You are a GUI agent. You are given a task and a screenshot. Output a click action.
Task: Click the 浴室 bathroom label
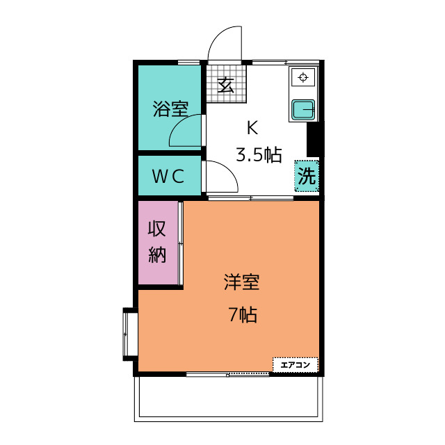click(170, 109)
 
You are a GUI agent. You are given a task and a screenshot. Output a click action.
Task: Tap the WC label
click(168, 177)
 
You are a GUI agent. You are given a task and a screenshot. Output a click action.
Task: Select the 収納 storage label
click(158, 241)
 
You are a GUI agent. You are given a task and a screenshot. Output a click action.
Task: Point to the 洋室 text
click(241, 283)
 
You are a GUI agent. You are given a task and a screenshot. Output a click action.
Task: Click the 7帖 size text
click(243, 315)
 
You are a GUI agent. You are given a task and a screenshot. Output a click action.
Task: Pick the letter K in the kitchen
click(252, 128)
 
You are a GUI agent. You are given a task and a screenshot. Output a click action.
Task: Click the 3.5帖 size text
click(259, 155)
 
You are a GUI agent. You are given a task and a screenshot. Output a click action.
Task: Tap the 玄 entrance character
click(225, 85)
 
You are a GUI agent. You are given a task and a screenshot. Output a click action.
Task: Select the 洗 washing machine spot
click(307, 176)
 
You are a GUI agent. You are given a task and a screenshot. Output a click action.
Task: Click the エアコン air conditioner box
click(296, 364)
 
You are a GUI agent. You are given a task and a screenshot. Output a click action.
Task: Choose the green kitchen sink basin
click(303, 110)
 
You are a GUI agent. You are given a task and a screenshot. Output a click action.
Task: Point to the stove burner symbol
click(303, 77)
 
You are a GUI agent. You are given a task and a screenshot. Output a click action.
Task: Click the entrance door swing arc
click(224, 43)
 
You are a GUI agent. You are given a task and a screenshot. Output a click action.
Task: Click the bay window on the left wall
click(129, 333)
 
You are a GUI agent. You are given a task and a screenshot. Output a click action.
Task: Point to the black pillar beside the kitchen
click(315, 138)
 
